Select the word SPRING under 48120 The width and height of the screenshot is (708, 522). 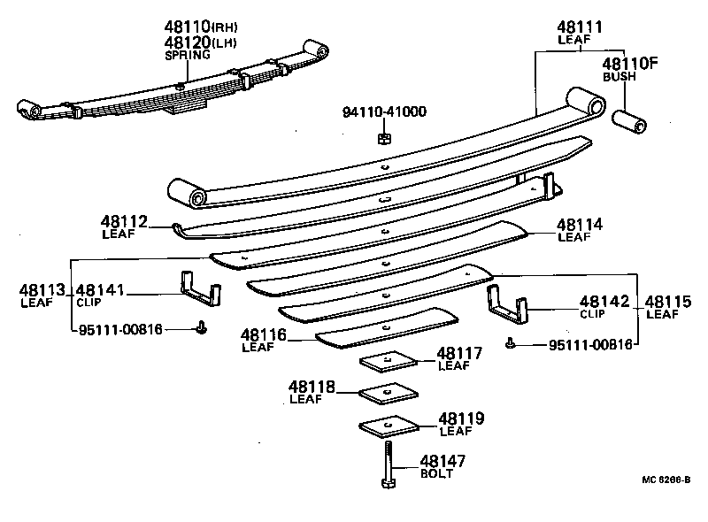point(188,55)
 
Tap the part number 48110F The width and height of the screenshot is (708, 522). point(630,64)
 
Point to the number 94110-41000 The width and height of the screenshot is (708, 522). point(384,112)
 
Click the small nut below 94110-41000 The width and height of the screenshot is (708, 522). point(383,137)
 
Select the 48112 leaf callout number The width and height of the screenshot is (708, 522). point(124,222)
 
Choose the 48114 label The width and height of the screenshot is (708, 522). point(580,225)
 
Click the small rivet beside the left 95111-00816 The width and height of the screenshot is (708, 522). point(201,326)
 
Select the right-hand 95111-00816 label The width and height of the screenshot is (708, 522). point(590,345)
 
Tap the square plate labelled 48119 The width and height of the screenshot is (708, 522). point(389,426)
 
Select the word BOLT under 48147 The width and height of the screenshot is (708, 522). point(436,474)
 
